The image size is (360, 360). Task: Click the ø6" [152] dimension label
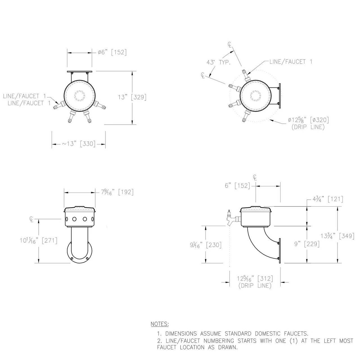[112, 52]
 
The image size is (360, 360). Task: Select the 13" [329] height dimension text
[132, 97]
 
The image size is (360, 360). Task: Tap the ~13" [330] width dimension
[79, 144]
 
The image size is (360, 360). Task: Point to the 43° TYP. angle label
[219, 62]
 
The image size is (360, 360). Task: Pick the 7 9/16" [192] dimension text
[117, 192]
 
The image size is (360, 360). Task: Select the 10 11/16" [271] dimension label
[39, 240]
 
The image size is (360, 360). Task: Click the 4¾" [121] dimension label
[328, 199]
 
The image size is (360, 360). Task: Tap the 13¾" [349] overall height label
[337, 236]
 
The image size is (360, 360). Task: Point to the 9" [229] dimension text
[307, 244]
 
